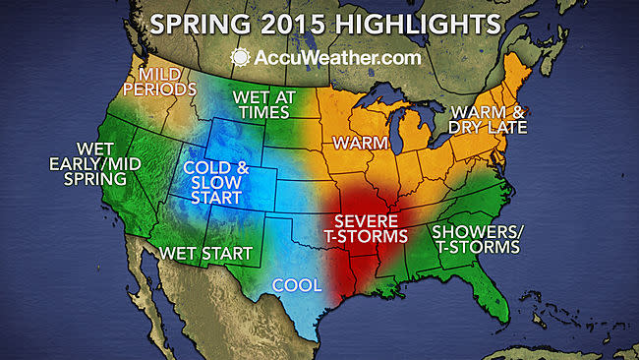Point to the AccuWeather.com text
[x=332, y=56]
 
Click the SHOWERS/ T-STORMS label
[x=476, y=239]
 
